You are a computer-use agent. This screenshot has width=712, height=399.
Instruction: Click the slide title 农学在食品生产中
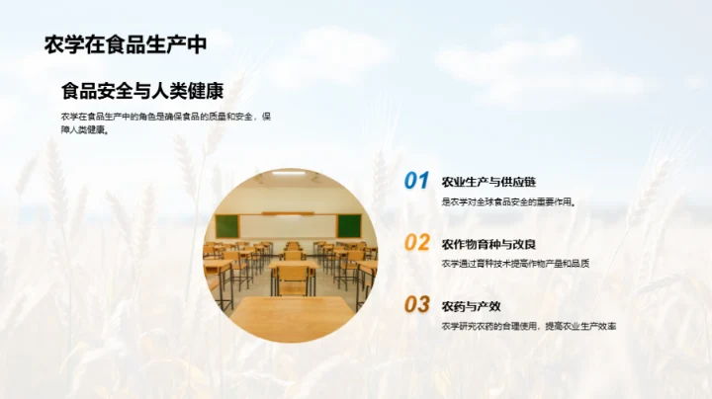click(126, 44)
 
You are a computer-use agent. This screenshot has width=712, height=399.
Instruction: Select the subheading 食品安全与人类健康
click(142, 91)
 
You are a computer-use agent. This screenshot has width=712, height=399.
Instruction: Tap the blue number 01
click(416, 181)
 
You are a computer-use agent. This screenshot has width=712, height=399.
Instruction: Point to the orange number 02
click(416, 243)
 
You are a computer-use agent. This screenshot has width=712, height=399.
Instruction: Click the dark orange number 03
click(416, 305)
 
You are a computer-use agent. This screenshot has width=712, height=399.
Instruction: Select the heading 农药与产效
click(471, 305)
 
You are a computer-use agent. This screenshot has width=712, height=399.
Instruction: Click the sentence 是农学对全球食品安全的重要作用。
click(508, 201)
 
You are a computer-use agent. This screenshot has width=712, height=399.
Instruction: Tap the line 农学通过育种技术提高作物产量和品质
click(515, 264)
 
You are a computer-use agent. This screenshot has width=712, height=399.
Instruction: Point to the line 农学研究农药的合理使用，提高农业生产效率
click(529, 326)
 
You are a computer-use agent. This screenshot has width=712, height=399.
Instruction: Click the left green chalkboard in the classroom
click(227, 226)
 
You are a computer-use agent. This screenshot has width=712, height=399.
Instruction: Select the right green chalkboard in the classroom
click(348, 225)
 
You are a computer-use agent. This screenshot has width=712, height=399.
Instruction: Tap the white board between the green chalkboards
click(287, 225)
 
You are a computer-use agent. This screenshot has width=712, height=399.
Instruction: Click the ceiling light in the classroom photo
click(288, 174)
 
